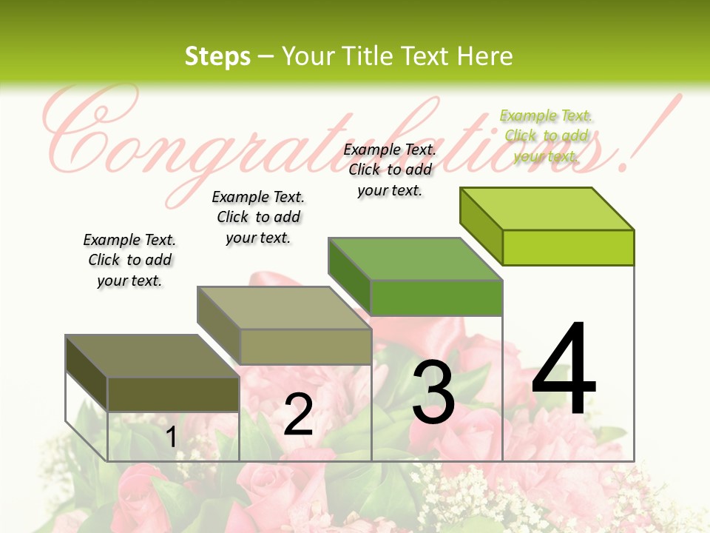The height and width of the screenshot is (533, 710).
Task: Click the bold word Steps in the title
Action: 217,56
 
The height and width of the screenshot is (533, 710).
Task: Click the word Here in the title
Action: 484,56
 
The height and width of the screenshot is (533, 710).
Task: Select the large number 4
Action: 564,370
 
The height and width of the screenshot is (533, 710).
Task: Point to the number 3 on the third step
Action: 433,393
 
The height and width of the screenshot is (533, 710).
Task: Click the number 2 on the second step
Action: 298,415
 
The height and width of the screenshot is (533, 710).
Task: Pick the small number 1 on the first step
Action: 172,437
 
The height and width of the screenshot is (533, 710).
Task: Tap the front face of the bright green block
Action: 568,247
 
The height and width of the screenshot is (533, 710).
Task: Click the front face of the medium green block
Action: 436,298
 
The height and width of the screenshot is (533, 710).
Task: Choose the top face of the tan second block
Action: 284,308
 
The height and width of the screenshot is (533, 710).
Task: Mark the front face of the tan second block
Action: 305,346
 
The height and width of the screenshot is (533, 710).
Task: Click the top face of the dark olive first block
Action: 152,356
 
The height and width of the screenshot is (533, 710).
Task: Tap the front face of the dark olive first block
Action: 173,394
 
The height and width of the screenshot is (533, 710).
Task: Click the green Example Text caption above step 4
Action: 546,135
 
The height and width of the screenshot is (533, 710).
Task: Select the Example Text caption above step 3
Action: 390,170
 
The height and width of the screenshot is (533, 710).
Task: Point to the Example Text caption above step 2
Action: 258,217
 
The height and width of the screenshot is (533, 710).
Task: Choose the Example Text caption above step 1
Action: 129,260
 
